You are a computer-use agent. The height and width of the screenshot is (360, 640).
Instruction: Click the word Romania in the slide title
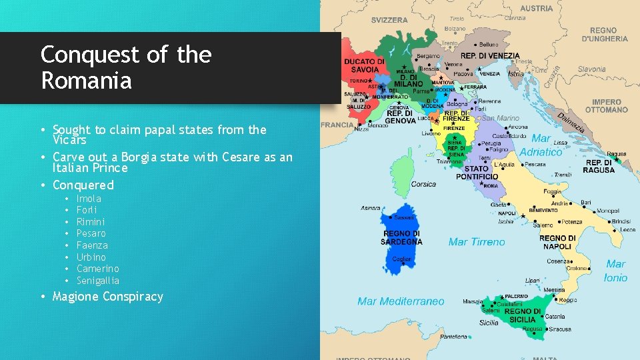tap(86, 81)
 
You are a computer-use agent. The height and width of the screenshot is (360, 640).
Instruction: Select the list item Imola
tap(89, 199)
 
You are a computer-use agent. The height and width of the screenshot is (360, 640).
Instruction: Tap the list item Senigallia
tap(98, 281)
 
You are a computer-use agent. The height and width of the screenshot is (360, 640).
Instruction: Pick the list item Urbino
tap(91, 257)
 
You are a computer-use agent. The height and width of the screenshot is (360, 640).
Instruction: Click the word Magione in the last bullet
tap(77, 297)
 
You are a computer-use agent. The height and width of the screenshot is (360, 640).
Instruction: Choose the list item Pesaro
tap(91, 233)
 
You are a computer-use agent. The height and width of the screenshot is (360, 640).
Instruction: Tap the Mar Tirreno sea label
tap(477, 242)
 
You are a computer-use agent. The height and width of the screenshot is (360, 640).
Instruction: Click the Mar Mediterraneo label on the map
tap(401, 301)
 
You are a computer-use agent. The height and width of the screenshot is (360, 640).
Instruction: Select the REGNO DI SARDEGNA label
tap(401, 238)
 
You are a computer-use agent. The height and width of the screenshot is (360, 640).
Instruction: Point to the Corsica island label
tap(423, 184)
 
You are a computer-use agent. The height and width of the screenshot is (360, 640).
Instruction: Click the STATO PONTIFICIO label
tap(477, 173)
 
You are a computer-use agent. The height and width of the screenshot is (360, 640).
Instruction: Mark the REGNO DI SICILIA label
tap(523, 315)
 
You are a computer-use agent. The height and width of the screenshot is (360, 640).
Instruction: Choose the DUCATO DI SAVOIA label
tap(364, 65)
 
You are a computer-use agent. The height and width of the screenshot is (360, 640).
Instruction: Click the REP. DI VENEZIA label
tap(490, 55)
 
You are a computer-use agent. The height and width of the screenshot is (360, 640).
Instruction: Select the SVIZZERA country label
tap(389, 20)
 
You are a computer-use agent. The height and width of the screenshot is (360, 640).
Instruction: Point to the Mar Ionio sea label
tap(615, 271)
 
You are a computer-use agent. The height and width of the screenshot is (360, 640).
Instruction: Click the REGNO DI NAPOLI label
tap(557, 242)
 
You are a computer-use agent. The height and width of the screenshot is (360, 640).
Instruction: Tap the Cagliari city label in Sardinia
tap(401, 259)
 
